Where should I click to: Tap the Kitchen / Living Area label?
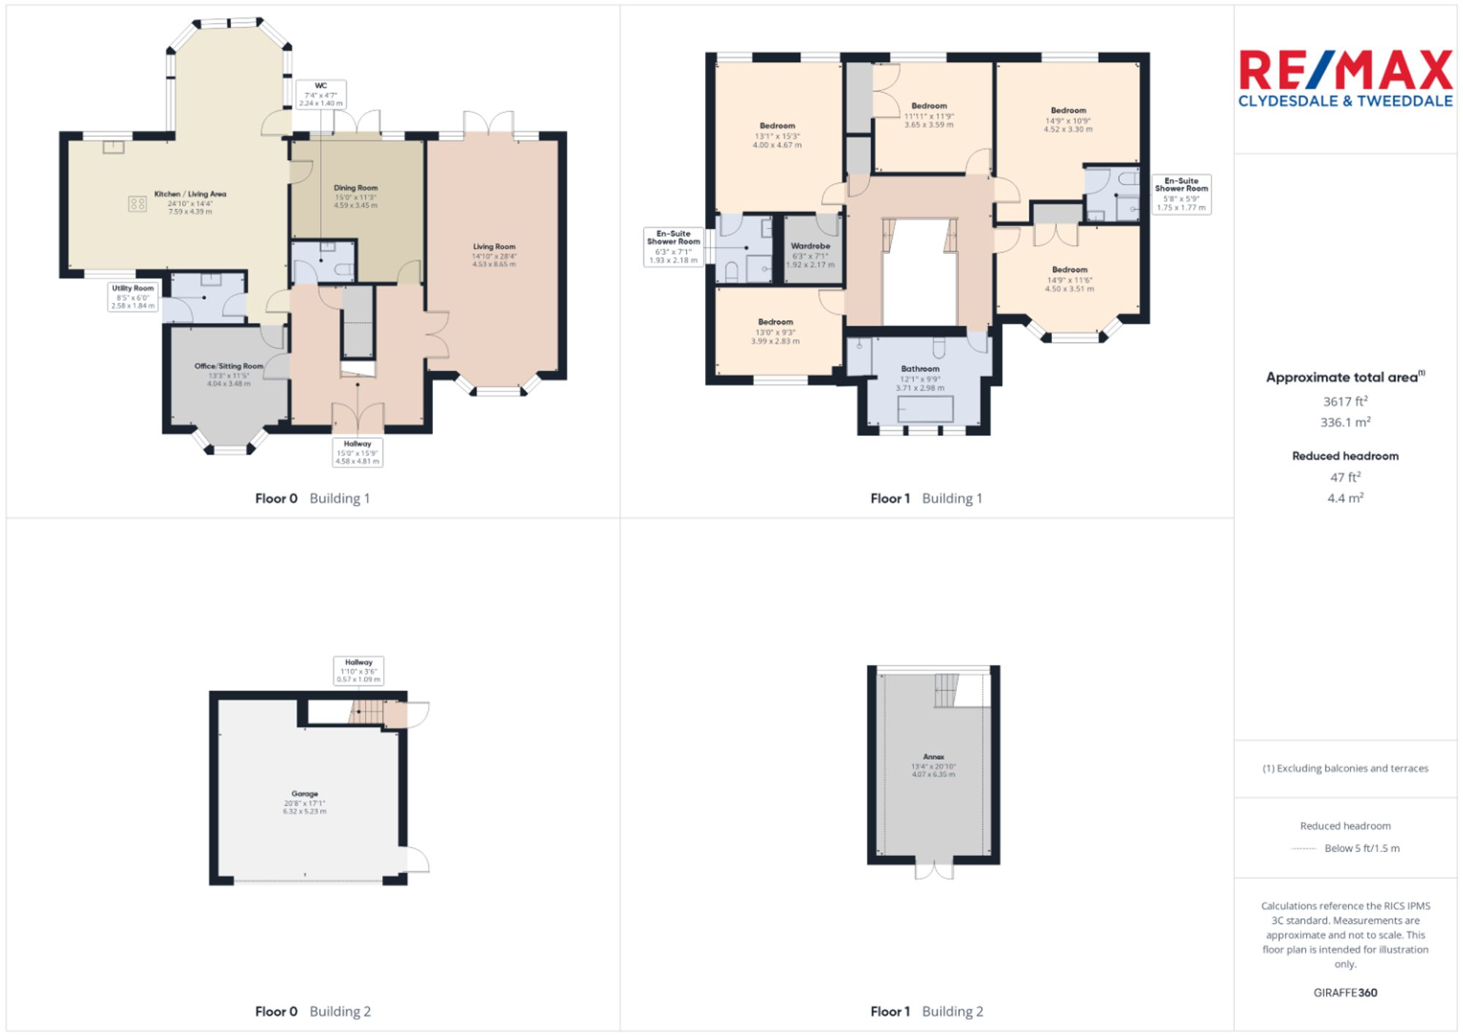coord(190,203)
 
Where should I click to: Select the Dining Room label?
coord(356,196)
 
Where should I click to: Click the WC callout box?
coord(320,94)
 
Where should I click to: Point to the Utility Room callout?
coord(133,296)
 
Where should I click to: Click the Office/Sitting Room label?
coord(229,374)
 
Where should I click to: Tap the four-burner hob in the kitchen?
coord(138,204)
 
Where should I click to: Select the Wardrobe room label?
coord(811,255)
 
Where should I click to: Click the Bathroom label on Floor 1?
coord(920,377)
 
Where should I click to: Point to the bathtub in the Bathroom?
coord(925,409)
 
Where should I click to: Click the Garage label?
coord(305,802)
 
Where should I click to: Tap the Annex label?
coord(933,765)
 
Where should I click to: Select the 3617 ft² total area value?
coord(1345,402)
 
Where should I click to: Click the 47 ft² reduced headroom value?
coord(1345,477)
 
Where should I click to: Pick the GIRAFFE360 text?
coord(1345,993)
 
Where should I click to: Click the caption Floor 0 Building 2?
coord(312,1011)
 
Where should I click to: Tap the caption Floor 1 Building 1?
coord(926,498)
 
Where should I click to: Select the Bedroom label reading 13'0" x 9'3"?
coord(775,331)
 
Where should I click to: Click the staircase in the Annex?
coord(947,690)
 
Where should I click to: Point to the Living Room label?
coord(494,255)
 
